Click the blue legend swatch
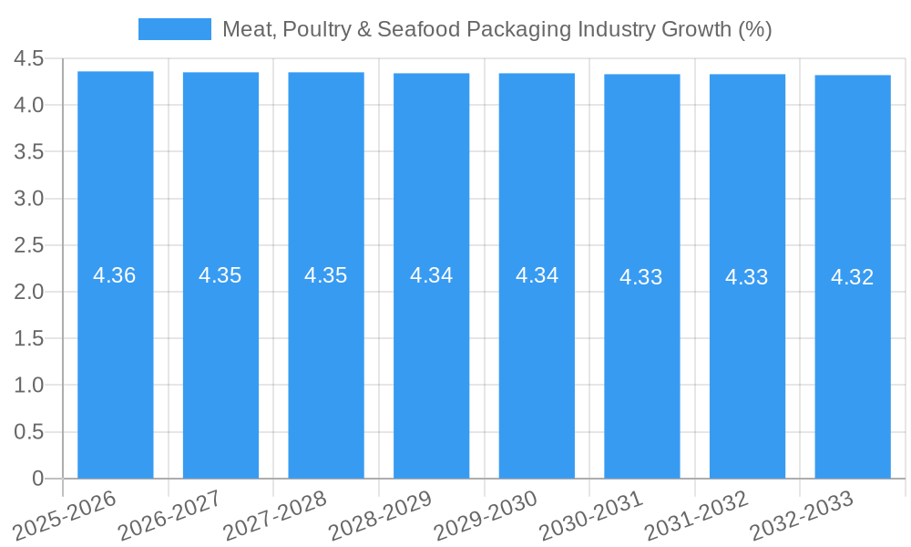coord(174,29)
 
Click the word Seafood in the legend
coord(415,29)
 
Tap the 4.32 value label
coord(853,277)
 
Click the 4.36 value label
coord(115,275)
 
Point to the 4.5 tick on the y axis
coord(29,59)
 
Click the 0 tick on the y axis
coord(37,479)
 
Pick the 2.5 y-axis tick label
coord(29,245)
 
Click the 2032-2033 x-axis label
coord(802,515)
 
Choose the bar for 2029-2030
coord(537,365)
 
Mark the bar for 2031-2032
coord(747,365)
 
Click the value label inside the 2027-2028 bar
coord(326,275)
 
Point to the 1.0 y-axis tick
coord(29,386)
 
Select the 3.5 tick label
coord(29,152)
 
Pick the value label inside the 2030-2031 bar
coord(641,277)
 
